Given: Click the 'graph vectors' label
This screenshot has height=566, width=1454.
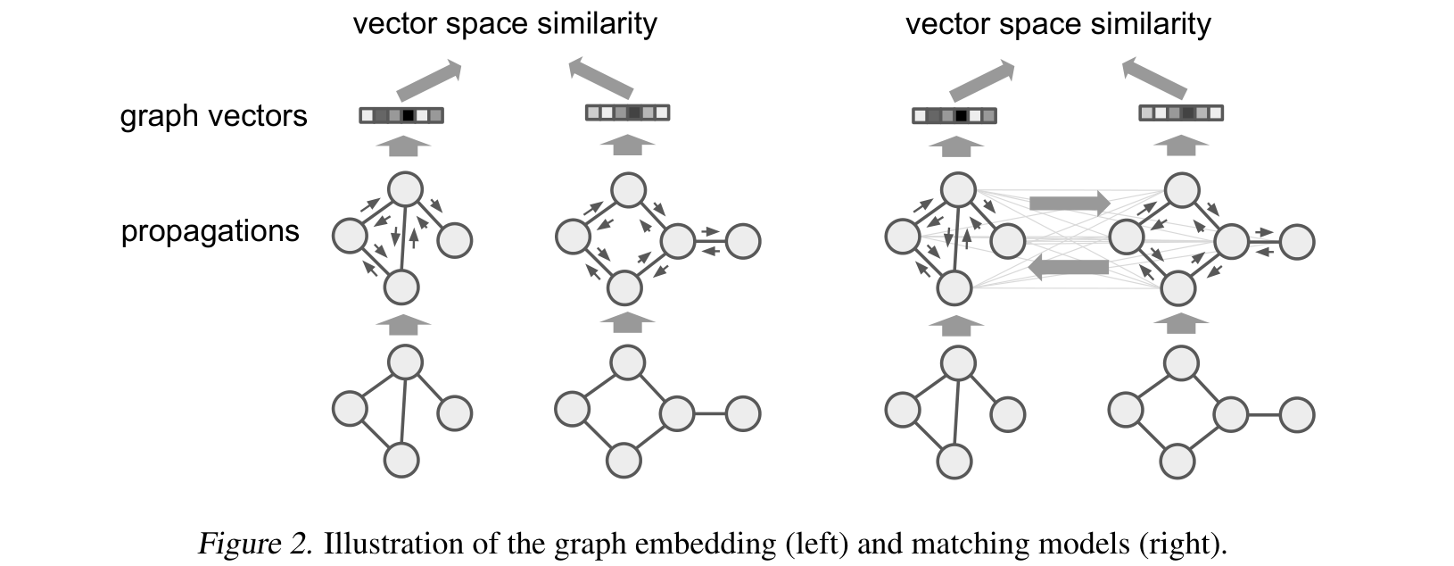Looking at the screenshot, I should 213,116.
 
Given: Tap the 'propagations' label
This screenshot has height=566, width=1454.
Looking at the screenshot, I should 210,231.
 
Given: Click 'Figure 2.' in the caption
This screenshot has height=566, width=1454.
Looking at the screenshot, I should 254,544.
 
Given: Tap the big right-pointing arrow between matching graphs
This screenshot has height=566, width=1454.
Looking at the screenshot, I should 1069,203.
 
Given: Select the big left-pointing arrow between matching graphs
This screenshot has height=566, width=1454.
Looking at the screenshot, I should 1069,266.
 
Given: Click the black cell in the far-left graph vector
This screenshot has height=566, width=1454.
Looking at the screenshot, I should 408,115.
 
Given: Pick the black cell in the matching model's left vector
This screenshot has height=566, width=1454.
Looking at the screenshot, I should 961,116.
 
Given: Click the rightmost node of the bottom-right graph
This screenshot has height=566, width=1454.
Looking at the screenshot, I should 1297,414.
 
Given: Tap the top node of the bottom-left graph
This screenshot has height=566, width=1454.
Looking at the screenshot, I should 405,362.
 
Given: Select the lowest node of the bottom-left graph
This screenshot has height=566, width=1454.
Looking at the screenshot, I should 401,460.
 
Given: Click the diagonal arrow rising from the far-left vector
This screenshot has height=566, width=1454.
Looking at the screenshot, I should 428,79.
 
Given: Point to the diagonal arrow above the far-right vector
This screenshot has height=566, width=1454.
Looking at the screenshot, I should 1154,78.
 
